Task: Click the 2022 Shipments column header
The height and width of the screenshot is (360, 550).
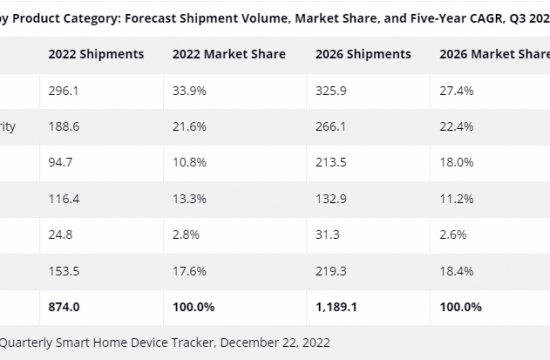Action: point(95,53)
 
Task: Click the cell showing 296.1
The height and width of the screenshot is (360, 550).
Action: point(62,90)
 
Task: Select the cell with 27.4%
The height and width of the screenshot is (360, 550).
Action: point(455,90)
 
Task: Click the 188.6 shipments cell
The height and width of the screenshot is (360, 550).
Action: point(62,126)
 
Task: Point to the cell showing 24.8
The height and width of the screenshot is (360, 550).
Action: point(60,234)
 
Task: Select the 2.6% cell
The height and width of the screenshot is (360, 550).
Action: point(452,234)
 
